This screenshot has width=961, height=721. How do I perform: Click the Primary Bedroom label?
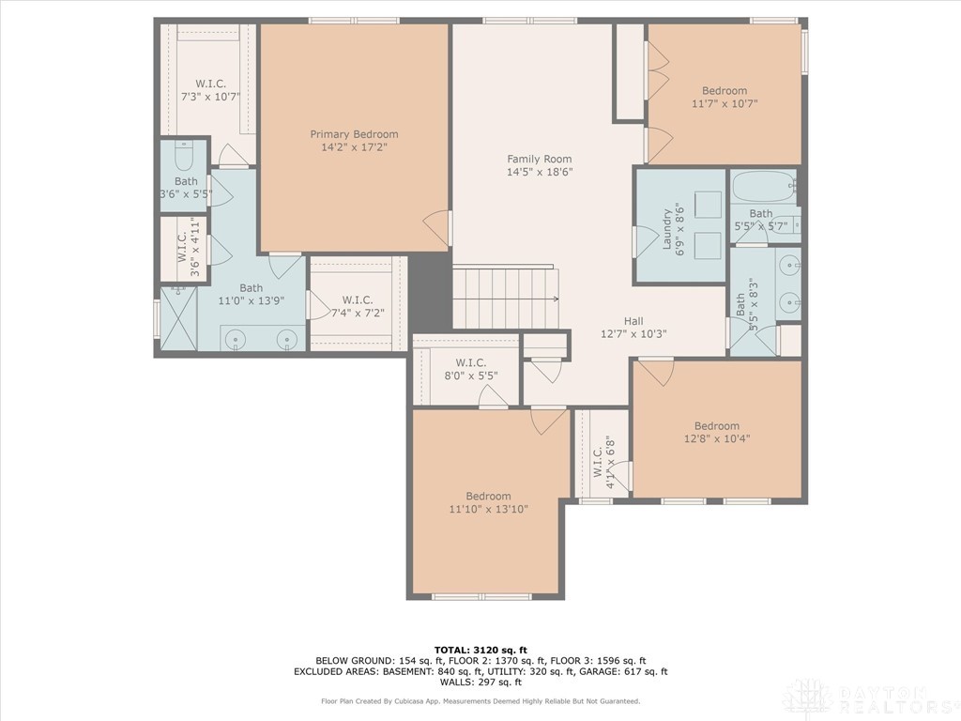354,134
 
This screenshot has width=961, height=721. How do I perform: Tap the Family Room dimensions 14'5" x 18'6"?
540,173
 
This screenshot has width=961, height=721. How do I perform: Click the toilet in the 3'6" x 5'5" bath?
184,155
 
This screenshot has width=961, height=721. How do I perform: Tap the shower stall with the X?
178,319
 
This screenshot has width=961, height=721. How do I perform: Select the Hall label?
633,321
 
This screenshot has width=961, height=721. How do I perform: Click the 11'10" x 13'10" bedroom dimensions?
488,509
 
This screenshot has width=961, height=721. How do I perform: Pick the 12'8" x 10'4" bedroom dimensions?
717,438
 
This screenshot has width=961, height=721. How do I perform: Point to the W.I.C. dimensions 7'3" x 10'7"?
210,97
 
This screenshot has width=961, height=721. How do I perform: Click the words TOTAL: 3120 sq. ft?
480,650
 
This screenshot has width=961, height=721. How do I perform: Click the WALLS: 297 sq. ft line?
480,682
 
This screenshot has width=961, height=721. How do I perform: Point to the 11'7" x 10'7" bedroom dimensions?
725,103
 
